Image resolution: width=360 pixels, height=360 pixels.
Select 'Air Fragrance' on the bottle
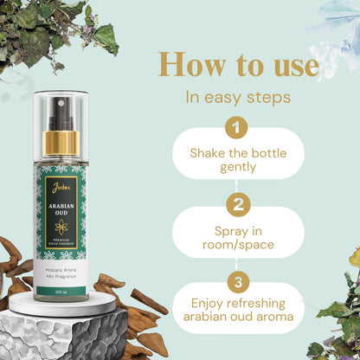[x=66, y=278]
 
